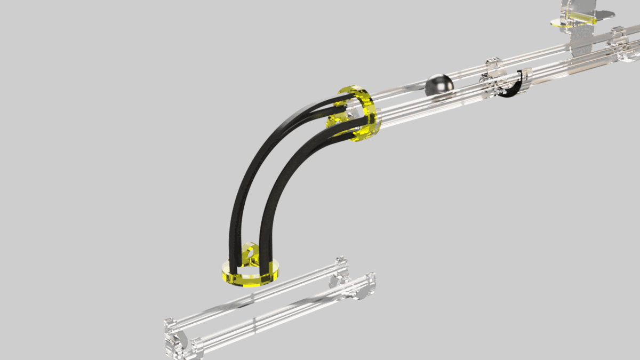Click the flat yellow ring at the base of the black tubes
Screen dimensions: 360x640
[250, 274]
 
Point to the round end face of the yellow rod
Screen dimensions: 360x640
[594, 20]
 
